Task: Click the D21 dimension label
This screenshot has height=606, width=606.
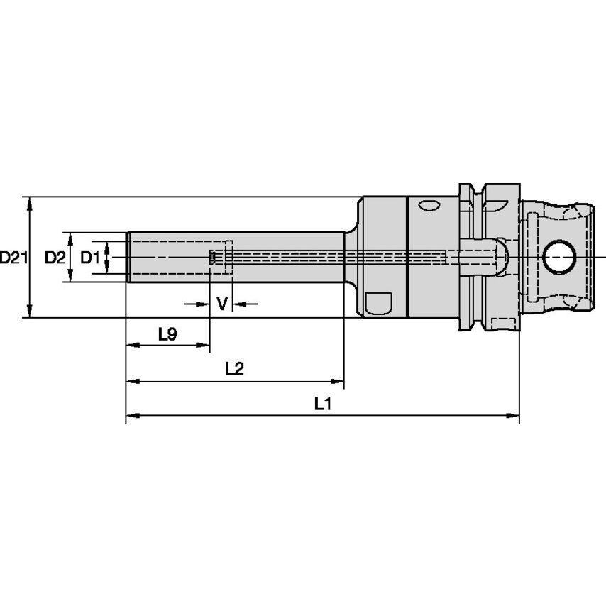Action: click(x=13, y=258)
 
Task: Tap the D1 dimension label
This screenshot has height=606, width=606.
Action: click(x=89, y=258)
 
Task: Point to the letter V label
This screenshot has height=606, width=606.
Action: click(x=221, y=304)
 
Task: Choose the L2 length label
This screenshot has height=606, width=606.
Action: click(x=234, y=369)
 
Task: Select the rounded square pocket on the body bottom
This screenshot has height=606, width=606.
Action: click(x=379, y=303)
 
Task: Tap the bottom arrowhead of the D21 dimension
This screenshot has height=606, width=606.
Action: click(x=29, y=312)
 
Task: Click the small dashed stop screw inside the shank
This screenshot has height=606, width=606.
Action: click(x=211, y=258)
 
